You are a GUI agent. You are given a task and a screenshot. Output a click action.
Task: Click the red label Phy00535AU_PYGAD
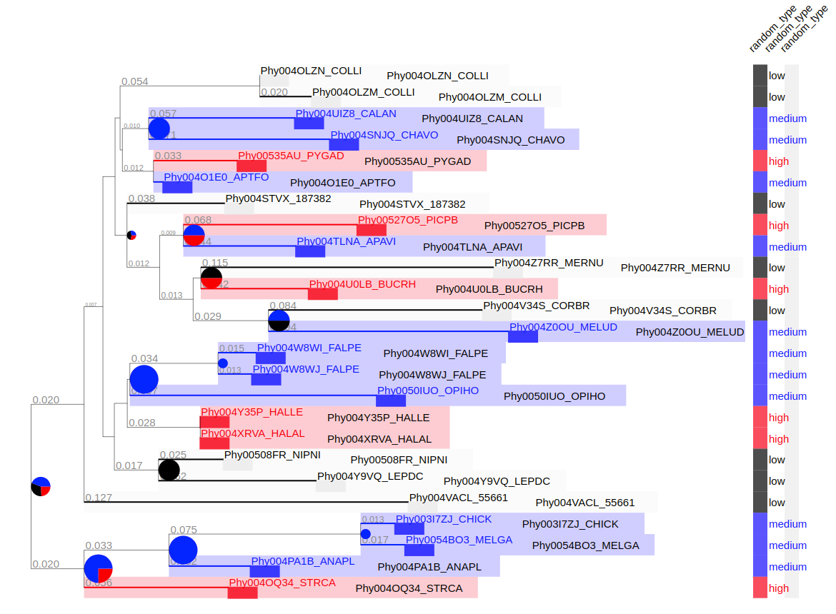click(x=291, y=156)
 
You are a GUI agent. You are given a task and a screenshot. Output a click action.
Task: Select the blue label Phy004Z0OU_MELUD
click(x=563, y=327)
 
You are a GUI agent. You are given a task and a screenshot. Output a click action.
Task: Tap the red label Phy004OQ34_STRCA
click(x=282, y=583)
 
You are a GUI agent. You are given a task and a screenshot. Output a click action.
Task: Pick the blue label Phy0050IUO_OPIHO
click(x=428, y=391)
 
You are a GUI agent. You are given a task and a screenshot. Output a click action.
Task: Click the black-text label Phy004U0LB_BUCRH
click(x=489, y=289)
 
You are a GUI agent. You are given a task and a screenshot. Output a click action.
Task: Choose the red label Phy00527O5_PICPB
click(x=408, y=220)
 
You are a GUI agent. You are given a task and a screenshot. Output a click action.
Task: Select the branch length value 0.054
click(x=134, y=81)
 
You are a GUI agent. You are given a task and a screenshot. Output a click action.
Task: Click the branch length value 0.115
click(x=214, y=263)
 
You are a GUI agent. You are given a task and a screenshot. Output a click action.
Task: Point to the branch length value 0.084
click(x=282, y=306)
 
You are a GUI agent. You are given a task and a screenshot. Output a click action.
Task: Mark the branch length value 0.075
click(x=183, y=530)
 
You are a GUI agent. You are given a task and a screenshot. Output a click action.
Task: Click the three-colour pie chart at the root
click(x=41, y=486)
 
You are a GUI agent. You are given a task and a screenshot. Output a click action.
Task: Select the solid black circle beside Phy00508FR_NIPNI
click(x=169, y=470)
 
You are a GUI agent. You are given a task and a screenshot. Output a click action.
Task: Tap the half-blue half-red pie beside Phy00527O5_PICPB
click(x=194, y=235)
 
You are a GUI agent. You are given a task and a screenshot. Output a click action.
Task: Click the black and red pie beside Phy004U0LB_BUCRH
click(x=211, y=278)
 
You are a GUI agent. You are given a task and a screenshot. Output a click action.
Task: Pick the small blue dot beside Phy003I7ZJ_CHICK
click(x=365, y=534)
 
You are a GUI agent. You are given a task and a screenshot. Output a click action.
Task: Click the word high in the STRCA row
click(x=779, y=588)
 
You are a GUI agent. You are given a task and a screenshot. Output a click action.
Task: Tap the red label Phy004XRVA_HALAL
click(x=253, y=433)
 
